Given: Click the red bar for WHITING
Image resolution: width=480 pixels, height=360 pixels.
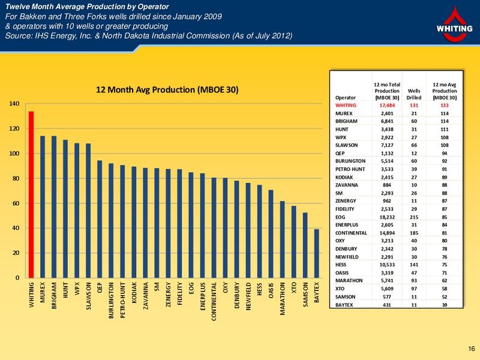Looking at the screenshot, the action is [x=31, y=194].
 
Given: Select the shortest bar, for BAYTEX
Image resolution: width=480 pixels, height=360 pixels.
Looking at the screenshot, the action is [x=317, y=253].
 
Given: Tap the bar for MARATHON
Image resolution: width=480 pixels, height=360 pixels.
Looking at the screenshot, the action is [x=282, y=239].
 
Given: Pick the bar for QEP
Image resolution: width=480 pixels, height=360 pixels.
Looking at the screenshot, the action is [x=100, y=219].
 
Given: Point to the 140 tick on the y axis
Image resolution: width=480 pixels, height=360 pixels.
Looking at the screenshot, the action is [x=14, y=103].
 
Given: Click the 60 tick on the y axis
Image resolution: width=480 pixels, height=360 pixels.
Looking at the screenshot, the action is [x=16, y=203].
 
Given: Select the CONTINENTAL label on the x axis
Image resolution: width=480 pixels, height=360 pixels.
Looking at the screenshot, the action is [x=214, y=301].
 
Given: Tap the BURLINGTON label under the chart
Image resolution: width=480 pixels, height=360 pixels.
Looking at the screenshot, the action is [x=111, y=300].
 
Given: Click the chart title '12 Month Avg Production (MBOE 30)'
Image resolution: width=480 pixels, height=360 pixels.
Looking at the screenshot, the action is [x=167, y=89].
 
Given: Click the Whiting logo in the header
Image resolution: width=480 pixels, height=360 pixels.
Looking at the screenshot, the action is [x=454, y=25].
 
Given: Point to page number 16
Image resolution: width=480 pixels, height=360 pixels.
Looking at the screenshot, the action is [x=471, y=349].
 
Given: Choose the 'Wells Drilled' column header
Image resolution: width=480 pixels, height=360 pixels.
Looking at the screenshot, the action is [x=414, y=94].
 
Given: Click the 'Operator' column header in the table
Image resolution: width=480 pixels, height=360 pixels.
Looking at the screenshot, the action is [x=346, y=98].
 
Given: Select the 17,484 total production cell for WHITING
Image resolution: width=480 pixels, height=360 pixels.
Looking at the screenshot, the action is [x=387, y=106].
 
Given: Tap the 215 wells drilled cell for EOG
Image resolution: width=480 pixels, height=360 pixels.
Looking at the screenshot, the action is [x=414, y=217].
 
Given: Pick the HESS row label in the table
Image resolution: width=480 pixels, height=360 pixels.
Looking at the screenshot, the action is [x=341, y=265].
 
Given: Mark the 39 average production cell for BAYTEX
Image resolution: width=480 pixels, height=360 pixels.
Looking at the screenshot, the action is [x=445, y=305].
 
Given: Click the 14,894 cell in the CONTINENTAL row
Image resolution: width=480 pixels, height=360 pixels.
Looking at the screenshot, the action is [x=387, y=233].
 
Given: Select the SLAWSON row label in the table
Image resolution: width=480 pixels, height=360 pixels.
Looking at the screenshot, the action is [x=347, y=145].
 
